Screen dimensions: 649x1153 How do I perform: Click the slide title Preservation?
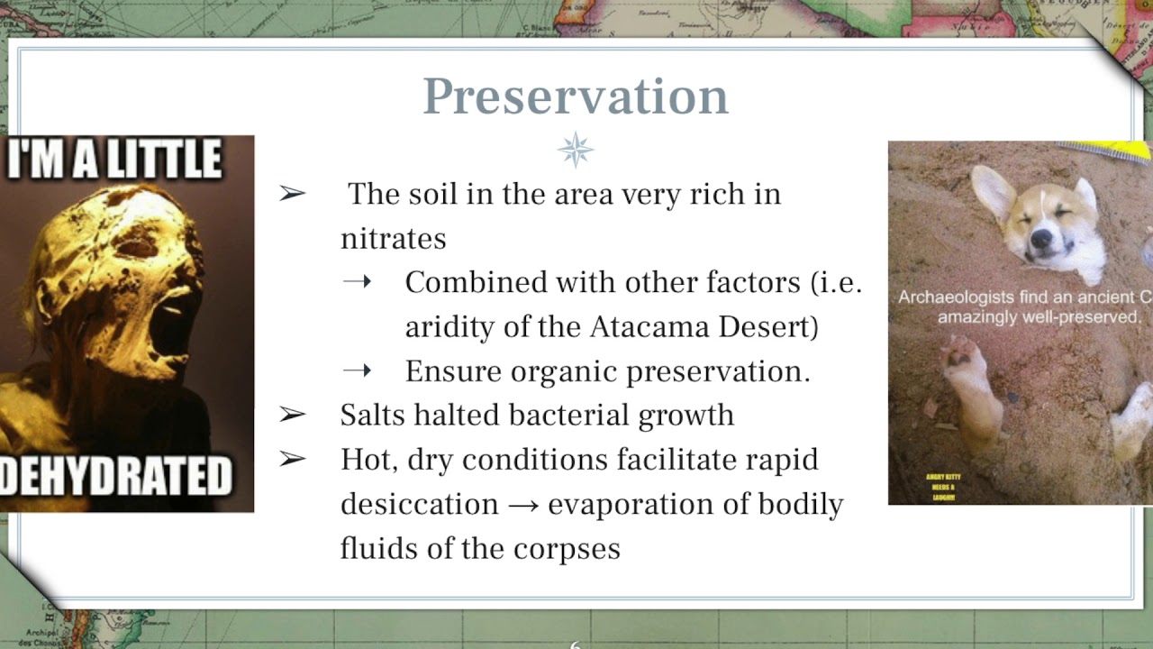575,96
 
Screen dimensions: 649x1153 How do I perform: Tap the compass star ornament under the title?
576,150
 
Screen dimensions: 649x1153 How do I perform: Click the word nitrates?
393,239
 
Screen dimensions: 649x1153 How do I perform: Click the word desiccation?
419,504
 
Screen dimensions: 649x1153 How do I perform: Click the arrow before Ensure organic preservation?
357,370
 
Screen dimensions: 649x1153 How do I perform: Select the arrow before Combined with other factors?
357,282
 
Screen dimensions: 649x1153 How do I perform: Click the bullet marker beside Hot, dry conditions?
293,460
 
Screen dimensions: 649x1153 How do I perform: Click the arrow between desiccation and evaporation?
522,505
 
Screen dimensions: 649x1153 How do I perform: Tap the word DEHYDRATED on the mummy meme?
117,477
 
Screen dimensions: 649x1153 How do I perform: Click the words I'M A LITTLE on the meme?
114,160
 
